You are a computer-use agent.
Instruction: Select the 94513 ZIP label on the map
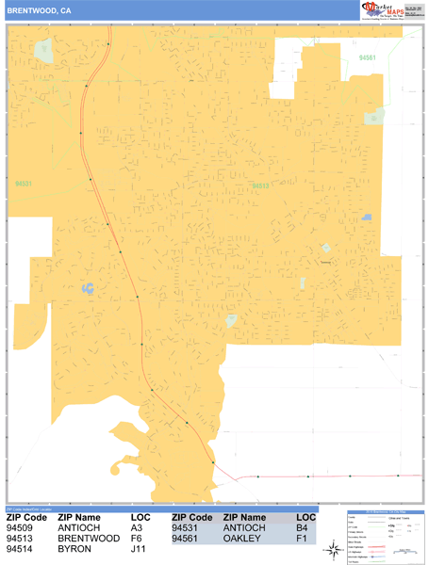260,186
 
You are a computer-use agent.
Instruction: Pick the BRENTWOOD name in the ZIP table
88,539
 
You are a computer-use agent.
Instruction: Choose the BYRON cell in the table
74,549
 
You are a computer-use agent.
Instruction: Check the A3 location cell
136,528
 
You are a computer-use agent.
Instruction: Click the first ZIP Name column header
79,518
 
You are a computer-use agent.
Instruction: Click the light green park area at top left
44,52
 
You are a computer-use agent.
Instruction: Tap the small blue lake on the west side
88,287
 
